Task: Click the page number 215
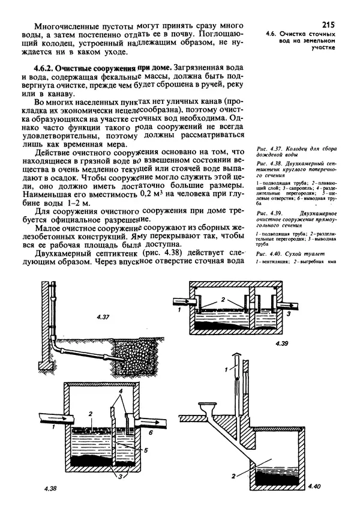coord(328,25)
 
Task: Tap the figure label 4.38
coord(51,488)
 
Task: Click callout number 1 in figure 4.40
coord(226,368)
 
